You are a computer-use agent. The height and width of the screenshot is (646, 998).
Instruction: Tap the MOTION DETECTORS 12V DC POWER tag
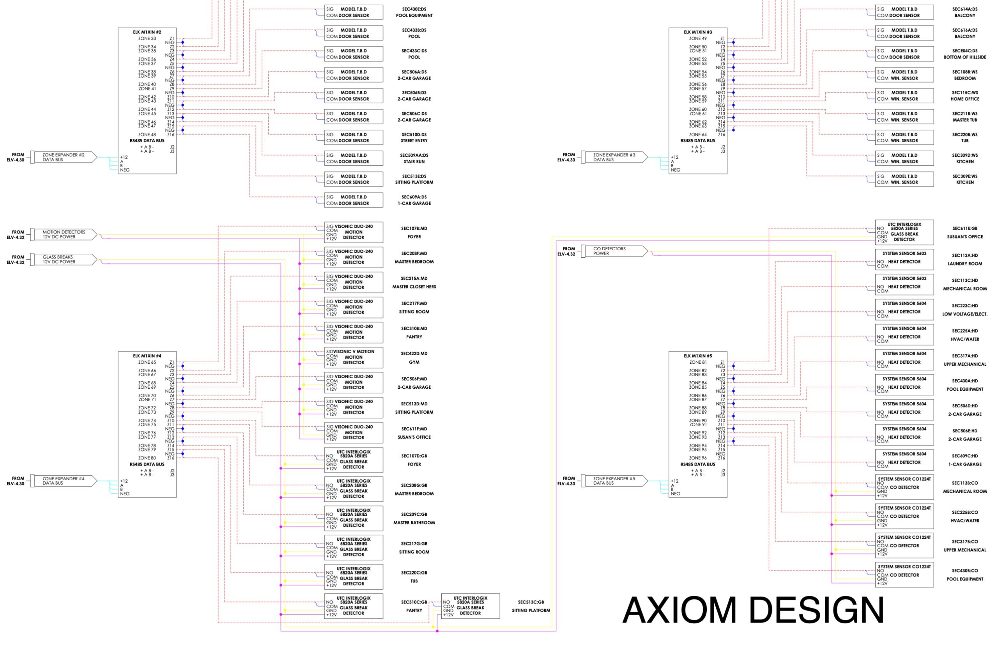pyautogui.click(x=64, y=234)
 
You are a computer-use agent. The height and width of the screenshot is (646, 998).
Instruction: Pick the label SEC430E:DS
pyautogui.click(x=414, y=9)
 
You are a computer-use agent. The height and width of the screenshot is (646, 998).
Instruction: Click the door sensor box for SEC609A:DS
pyautogui.click(x=354, y=200)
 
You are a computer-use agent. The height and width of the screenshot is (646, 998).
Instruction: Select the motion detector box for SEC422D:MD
pyautogui.click(x=354, y=358)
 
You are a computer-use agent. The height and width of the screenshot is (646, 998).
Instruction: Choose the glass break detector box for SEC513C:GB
pyautogui.click(x=470, y=606)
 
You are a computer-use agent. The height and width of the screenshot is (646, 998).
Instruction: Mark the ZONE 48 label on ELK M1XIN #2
pyautogui.click(x=147, y=135)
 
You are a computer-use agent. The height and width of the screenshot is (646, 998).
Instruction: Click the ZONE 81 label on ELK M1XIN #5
pyautogui.click(x=698, y=363)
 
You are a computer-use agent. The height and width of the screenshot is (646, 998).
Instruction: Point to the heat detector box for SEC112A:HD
pyautogui.click(x=904, y=260)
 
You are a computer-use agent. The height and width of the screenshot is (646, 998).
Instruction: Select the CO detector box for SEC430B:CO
pyautogui.click(x=904, y=575)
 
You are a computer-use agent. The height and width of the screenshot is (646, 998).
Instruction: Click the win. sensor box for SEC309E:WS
pyautogui.click(x=904, y=179)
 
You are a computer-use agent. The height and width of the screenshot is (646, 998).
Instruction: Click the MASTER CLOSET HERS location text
pyautogui.click(x=414, y=287)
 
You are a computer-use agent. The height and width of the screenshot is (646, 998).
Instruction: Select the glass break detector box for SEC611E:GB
pyautogui.click(x=904, y=232)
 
